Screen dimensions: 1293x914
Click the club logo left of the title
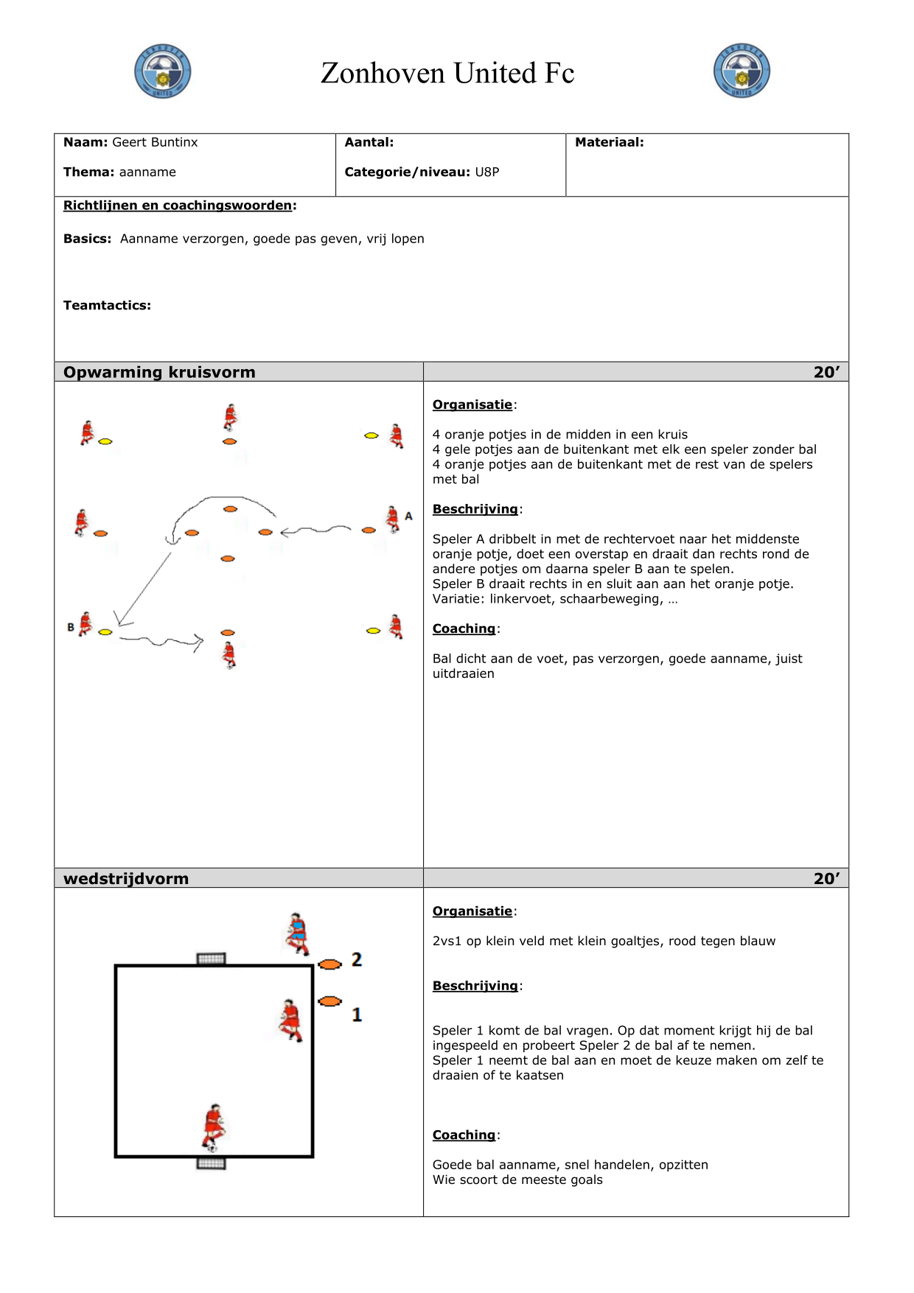coord(163,71)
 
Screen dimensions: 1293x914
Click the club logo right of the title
coord(742,71)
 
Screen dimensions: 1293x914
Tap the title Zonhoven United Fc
coord(447,73)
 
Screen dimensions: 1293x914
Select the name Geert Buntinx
coord(155,142)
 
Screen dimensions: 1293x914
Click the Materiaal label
coord(609,142)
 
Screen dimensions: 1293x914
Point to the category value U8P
coord(487,172)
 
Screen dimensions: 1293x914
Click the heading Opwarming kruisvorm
coord(159,372)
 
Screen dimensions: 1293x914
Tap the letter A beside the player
coord(408,516)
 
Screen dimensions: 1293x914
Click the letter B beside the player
coord(71,627)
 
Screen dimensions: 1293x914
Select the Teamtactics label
coord(107,305)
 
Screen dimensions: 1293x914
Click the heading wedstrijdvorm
coord(126,878)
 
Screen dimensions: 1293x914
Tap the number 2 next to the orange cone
coord(357,959)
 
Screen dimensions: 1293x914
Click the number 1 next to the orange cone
coord(357,1015)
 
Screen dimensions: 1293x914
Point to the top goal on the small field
coord(212,959)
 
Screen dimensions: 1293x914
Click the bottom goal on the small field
coord(212,1163)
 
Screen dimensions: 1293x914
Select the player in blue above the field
coord(296,933)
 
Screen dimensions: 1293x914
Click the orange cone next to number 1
coord(329,1001)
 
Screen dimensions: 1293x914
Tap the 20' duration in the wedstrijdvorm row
coord(826,878)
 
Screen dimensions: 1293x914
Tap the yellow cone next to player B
coord(105,631)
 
